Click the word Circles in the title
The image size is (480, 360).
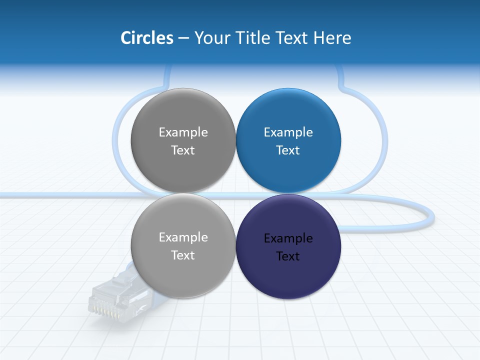[x=146, y=38]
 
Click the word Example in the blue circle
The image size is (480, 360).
[x=288, y=132]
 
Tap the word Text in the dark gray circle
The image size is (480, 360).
[x=183, y=150]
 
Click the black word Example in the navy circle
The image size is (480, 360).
[x=288, y=238]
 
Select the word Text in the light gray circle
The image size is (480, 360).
[x=183, y=255]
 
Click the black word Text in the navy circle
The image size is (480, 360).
[x=288, y=256]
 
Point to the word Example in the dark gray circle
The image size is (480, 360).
[x=183, y=132]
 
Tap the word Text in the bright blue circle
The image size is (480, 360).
[x=288, y=150]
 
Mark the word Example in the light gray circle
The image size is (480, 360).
[x=183, y=237]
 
